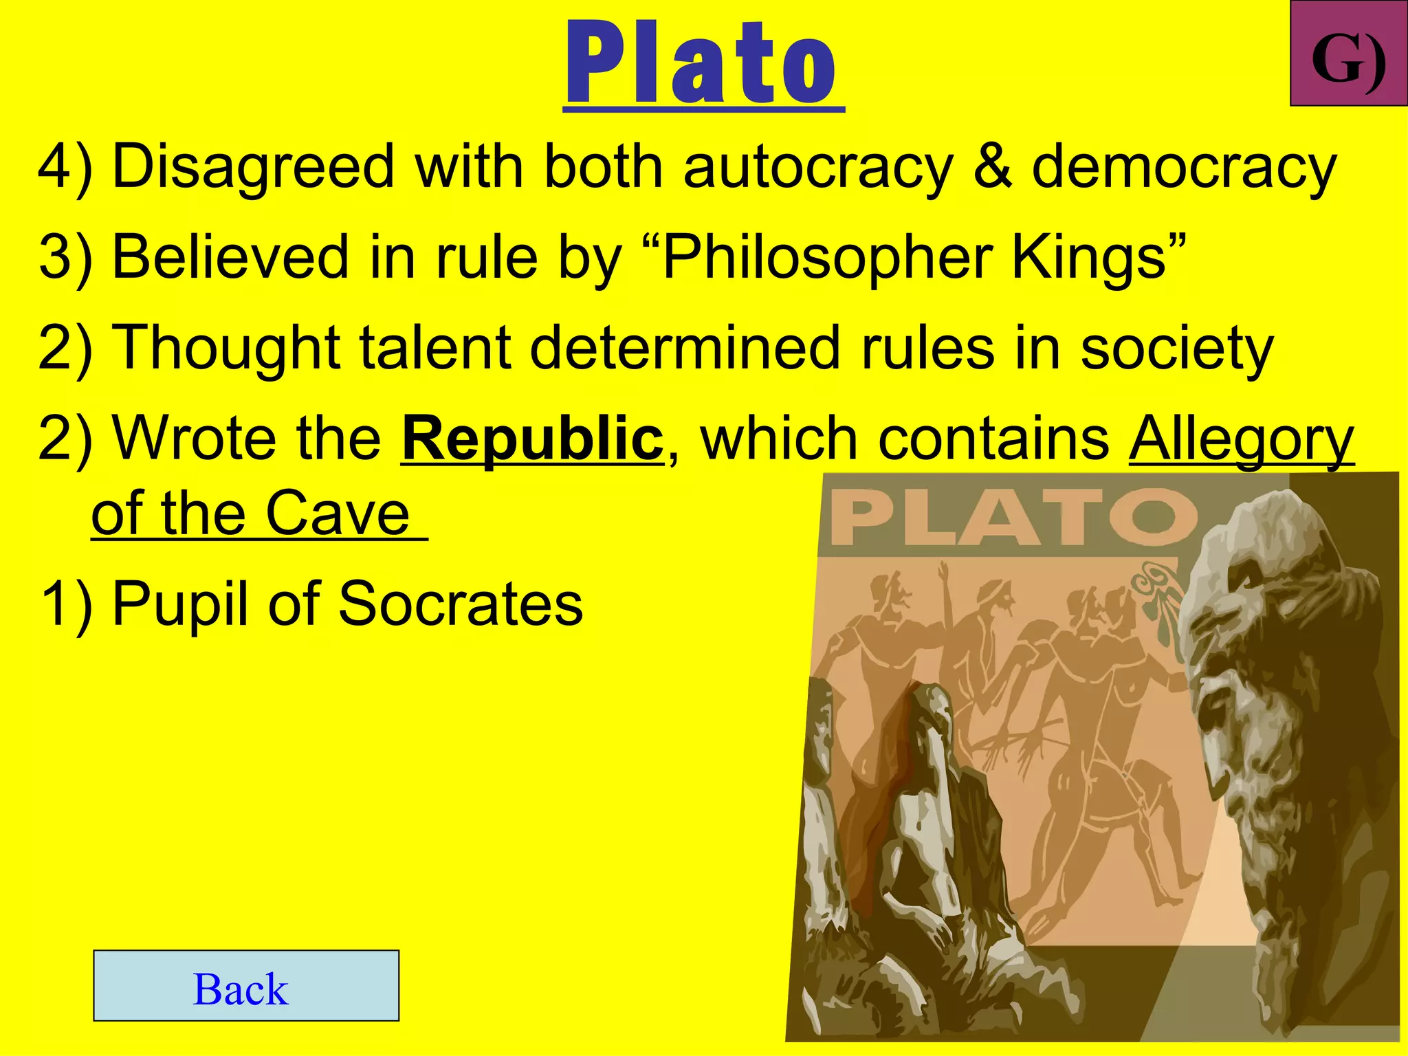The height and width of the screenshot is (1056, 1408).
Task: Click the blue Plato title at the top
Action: coord(703,63)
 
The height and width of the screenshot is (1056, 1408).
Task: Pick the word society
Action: coord(1176,349)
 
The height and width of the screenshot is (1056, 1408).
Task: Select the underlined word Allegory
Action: coord(1241,440)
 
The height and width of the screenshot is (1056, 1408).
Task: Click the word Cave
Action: coord(338,514)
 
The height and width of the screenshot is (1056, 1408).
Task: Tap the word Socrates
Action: coord(461,604)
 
